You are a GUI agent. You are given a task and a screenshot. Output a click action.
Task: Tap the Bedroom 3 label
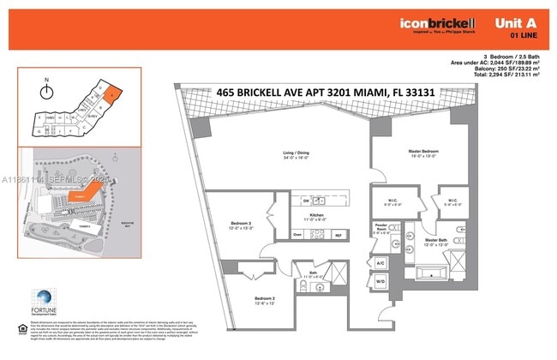pos(240,225)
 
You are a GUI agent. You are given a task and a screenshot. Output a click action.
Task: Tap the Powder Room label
pos(382,229)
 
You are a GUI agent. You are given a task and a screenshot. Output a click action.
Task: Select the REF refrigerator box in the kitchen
pos(338,234)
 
